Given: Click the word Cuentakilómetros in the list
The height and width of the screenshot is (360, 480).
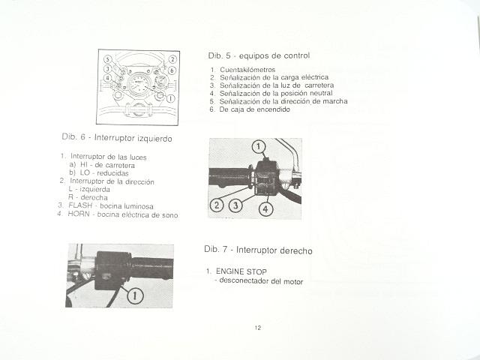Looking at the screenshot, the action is click(x=247, y=70).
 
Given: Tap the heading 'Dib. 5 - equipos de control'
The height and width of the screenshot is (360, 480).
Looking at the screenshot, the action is click(x=259, y=55).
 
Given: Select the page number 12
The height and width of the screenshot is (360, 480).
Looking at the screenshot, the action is click(x=258, y=328).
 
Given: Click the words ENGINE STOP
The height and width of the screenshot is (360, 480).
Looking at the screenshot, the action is click(x=241, y=271).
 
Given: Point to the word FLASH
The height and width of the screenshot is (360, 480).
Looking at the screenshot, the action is click(x=80, y=205).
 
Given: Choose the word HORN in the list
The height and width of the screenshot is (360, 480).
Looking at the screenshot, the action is click(x=79, y=214).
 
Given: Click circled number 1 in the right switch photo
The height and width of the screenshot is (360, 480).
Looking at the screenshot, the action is click(x=135, y=296).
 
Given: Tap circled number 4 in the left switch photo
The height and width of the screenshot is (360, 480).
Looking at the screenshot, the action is click(x=265, y=209).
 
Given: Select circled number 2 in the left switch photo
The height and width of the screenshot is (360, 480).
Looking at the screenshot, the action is click(x=217, y=205).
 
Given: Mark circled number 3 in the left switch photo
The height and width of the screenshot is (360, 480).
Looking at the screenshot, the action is click(x=235, y=205).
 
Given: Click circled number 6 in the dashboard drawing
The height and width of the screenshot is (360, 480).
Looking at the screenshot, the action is click(x=172, y=70).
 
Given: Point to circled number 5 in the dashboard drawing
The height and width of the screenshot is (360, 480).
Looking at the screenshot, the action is click(x=108, y=59).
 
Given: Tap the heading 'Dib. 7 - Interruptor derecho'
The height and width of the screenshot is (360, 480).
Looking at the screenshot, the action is click(x=258, y=250).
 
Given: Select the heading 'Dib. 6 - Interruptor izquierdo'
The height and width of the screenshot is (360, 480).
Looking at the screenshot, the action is click(x=117, y=138).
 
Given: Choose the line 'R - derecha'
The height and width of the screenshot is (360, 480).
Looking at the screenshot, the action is click(x=88, y=197).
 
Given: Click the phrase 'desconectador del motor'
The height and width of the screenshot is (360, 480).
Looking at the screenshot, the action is click(x=261, y=280).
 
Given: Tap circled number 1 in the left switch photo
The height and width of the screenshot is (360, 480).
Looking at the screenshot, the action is click(x=259, y=147).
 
